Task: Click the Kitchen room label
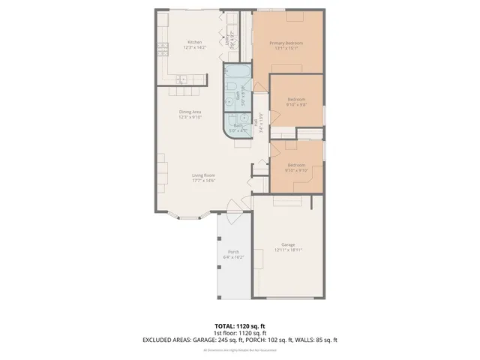(194, 42)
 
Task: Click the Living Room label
(203, 175)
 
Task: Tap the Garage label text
(288, 244)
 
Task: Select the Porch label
(233, 252)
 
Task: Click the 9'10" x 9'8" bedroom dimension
(297, 104)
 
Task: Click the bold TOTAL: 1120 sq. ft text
(239, 326)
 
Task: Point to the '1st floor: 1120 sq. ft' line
(239, 333)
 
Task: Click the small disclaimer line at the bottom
(239, 349)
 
